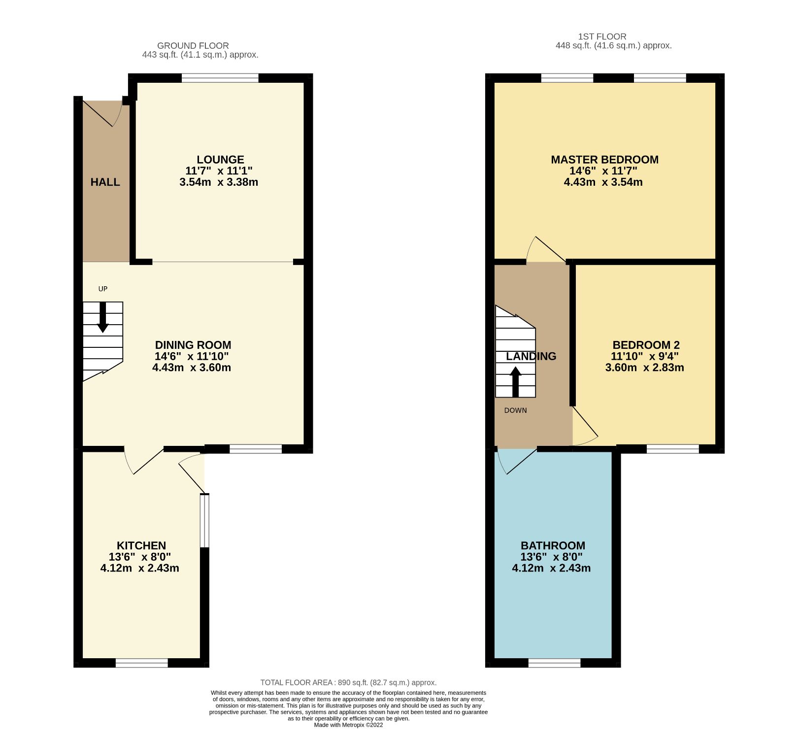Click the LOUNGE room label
(220, 160)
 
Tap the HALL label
(105, 182)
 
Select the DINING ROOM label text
(193, 345)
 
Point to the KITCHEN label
(141, 545)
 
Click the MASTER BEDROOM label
(604, 160)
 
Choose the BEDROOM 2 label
(646, 345)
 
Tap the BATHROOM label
(553, 545)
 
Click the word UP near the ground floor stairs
(102, 289)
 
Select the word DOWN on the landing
(515, 410)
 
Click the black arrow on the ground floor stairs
(103, 317)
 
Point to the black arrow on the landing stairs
(515, 382)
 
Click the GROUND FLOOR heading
(193, 46)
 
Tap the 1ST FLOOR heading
(602, 36)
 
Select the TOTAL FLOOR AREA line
(348, 682)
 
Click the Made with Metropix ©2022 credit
(348, 725)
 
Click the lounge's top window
(220, 78)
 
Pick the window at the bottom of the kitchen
(141, 663)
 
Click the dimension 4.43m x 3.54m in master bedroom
(603, 182)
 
